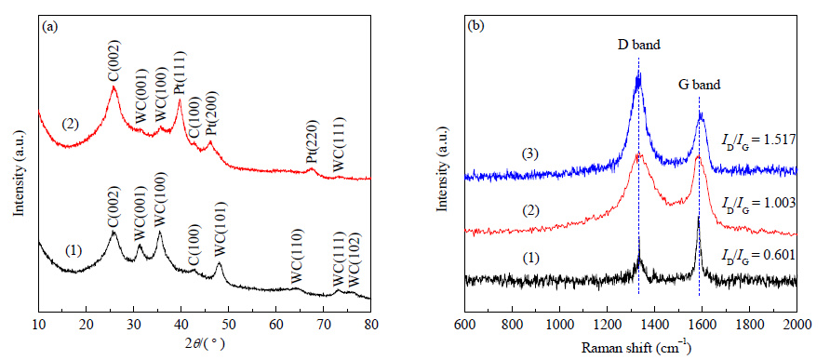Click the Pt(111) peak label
click(x=181, y=73)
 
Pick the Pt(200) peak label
click(x=211, y=113)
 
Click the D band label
click(x=639, y=45)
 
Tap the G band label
click(x=699, y=84)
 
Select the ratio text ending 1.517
click(x=759, y=140)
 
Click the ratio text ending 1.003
click(x=759, y=204)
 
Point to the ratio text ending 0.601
click(x=759, y=255)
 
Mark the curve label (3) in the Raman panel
click(x=530, y=154)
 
